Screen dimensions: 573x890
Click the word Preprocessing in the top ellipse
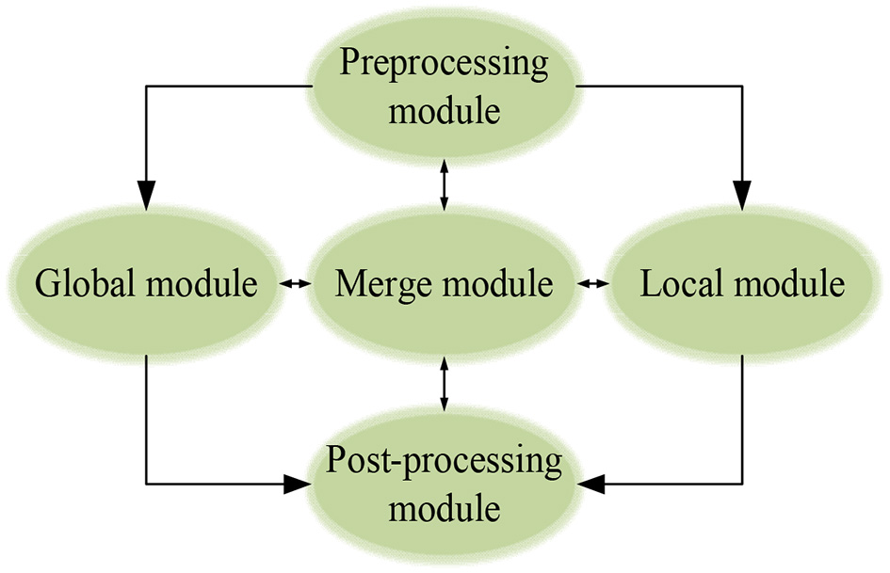[444, 65]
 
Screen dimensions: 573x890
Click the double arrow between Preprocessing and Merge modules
[444, 183]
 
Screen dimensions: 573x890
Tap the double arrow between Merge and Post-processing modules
[444, 383]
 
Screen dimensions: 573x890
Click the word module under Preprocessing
[444, 111]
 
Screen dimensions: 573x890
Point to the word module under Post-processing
[444, 509]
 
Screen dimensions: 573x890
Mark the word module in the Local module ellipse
[790, 283]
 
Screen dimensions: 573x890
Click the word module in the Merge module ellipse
[498, 283]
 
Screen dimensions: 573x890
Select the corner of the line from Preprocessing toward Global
[146, 86]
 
